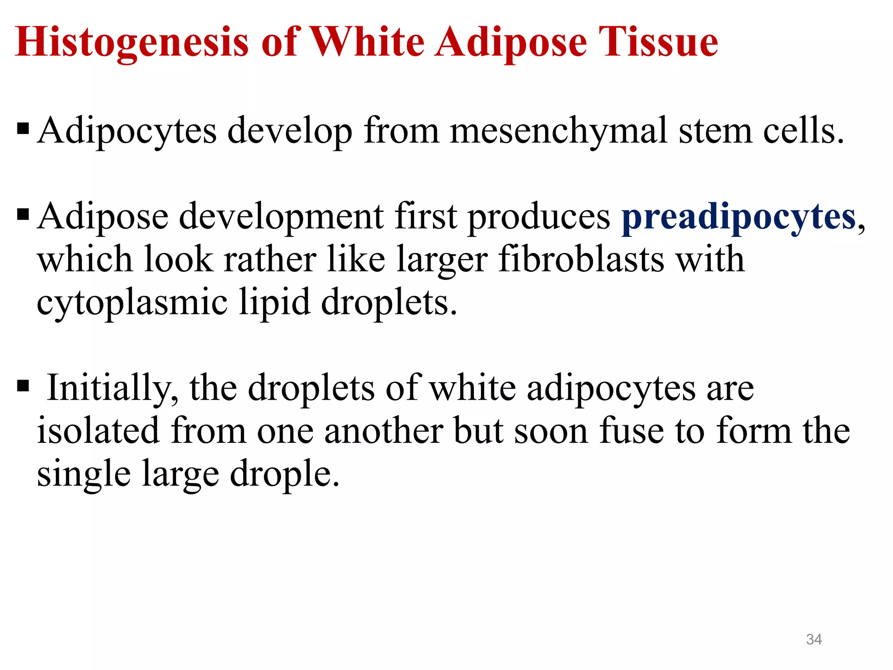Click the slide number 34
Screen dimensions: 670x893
[x=814, y=639]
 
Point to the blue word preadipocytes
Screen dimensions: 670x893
[x=739, y=217]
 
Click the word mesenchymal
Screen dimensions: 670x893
[x=559, y=131]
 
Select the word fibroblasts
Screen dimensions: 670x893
[x=581, y=260]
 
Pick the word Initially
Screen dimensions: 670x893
[x=112, y=388]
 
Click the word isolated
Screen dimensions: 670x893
[x=98, y=431]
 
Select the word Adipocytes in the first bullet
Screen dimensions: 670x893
[x=127, y=131]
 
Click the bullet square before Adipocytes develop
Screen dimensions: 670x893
[x=23, y=129]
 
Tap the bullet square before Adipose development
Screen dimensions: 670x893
[x=23, y=215]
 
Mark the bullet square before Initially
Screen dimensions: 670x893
[x=23, y=386]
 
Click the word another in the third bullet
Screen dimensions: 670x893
[x=383, y=431]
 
